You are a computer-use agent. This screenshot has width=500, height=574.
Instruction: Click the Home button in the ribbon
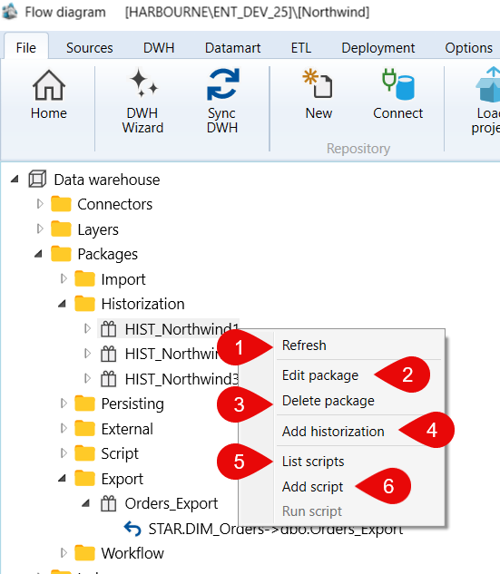pyautogui.click(x=49, y=95)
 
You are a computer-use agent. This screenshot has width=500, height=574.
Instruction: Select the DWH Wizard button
pyautogui.click(x=142, y=102)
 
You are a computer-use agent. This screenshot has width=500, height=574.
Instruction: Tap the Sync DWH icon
pyautogui.click(x=222, y=84)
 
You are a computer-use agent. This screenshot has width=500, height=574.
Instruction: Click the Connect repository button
pyautogui.click(x=397, y=95)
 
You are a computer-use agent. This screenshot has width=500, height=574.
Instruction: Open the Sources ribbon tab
pyautogui.click(x=89, y=48)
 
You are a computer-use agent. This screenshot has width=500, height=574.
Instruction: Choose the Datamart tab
pyautogui.click(x=232, y=48)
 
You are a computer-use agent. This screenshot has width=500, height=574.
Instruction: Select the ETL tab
pyautogui.click(x=301, y=48)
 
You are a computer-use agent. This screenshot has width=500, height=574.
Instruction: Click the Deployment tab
pyautogui.click(x=378, y=48)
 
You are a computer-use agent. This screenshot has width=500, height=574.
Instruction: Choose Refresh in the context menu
pyautogui.click(x=304, y=345)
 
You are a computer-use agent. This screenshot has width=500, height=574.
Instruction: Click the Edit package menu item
pyautogui.click(x=320, y=375)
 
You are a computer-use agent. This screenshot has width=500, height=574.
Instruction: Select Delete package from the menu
pyautogui.click(x=328, y=401)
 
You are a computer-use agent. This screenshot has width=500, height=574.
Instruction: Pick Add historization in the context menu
pyautogui.click(x=333, y=432)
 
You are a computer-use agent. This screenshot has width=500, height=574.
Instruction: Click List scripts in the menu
pyautogui.click(x=313, y=462)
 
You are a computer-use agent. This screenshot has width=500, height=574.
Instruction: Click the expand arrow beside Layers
pyautogui.click(x=40, y=229)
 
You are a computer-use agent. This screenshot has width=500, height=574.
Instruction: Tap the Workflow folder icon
pyautogui.click(x=84, y=553)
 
